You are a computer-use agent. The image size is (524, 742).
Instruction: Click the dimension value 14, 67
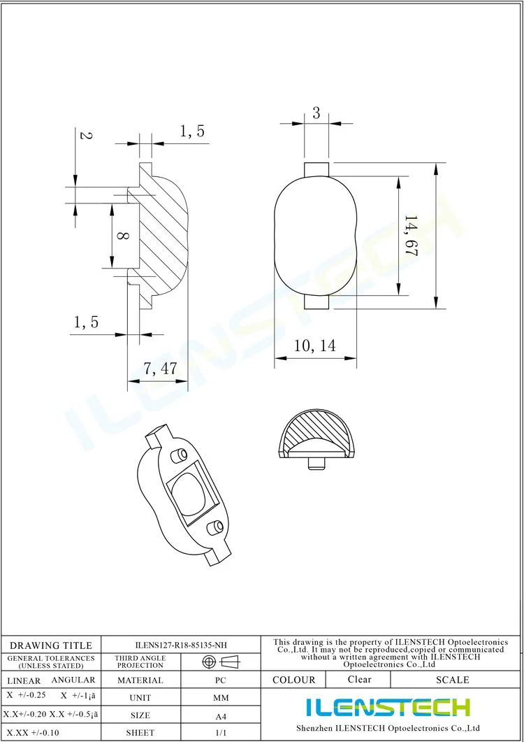[x=410, y=236]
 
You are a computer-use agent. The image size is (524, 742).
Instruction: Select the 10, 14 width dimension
[x=314, y=345]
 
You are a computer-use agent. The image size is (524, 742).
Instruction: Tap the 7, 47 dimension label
[x=160, y=369]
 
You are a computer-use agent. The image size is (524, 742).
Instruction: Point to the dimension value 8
[x=122, y=236]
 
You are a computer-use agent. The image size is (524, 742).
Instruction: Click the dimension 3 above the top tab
[x=316, y=113]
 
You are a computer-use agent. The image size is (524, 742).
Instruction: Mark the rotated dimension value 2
[x=85, y=136]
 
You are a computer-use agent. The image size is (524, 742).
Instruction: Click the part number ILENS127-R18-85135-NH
[x=181, y=645]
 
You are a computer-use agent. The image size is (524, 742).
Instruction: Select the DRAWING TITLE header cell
[x=51, y=645]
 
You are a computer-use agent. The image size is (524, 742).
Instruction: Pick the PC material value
[x=220, y=680]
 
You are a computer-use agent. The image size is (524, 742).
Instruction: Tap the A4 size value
[x=220, y=715]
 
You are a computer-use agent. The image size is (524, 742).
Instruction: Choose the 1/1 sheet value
[x=220, y=732]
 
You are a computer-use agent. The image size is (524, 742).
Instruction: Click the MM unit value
[x=220, y=698]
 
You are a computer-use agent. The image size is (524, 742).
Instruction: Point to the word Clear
[x=359, y=679]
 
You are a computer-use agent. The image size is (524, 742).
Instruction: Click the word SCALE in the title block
[x=452, y=680]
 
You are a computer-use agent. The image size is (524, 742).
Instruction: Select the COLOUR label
[x=293, y=680]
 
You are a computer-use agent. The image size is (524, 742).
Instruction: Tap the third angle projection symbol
[x=220, y=662]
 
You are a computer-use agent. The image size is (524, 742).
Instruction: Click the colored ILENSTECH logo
[x=388, y=707]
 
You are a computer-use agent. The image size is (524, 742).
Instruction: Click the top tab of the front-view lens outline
[x=316, y=169]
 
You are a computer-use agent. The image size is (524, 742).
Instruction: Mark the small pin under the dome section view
[x=315, y=462]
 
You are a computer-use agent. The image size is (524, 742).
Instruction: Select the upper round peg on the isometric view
[x=179, y=455]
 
